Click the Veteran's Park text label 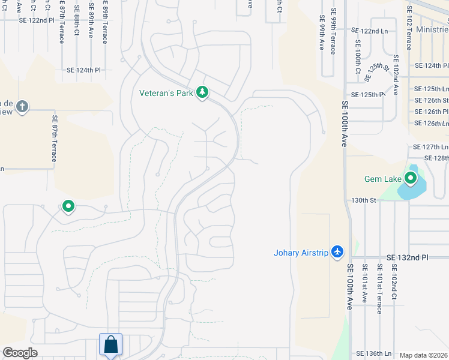tap(166, 93)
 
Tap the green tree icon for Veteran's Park tap(203, 92)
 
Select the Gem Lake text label tap(382, 179)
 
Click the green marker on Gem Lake tap(411, 178)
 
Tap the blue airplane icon tap(338, 251)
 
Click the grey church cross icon tap(22, 107)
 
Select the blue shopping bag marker tap(111, 345)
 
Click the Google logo tap(20, 353)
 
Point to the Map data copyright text tap(424, 355)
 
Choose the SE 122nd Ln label tap(369, 30)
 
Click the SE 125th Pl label tap(368, 94)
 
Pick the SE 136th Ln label tap(373, 353)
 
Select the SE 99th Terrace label tap(333, 34)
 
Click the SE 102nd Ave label tap(396, 75)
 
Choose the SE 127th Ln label tap(430, 146)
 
